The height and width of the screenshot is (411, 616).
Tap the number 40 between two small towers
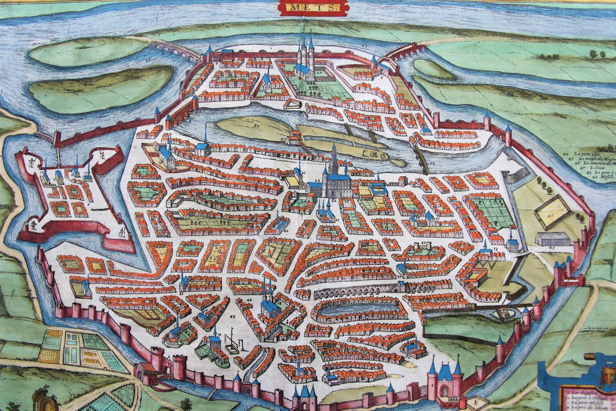point(423,243)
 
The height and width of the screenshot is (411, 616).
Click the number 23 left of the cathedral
point(317,181)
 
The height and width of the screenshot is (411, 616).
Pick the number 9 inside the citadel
point(87,203)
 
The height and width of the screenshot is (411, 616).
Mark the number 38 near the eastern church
point(496,249)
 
